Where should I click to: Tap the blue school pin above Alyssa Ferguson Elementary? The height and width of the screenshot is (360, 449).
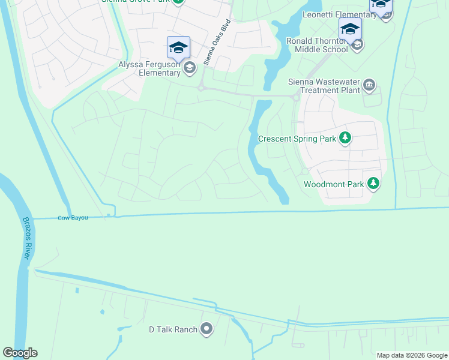coord(178,47)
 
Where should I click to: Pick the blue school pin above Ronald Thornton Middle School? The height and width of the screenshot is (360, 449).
coord(350,28)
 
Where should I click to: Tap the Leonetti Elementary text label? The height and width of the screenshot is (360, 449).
coord(340,14)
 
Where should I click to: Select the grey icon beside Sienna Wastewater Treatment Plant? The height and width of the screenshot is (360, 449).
coord(369,85)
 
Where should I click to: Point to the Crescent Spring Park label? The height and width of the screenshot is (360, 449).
coord(297,139)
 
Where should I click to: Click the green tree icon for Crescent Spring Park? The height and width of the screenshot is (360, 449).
coord(345,139)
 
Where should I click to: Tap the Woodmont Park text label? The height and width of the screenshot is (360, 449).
coord(334,184)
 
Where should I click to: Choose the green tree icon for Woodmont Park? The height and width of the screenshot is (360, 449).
coord(373,184)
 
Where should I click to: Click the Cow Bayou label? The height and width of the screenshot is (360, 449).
coord(73,218)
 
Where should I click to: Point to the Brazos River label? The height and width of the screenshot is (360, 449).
coord(26,238)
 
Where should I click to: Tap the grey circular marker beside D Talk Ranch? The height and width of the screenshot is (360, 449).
coord(207,329)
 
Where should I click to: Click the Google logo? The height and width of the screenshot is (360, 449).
coord(20,353)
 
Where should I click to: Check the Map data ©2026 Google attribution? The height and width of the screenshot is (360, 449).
coord(411,355)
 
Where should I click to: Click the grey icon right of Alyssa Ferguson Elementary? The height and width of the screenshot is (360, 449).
coord(190,67)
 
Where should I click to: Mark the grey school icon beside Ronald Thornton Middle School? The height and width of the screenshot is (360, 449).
coord(357,45)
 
